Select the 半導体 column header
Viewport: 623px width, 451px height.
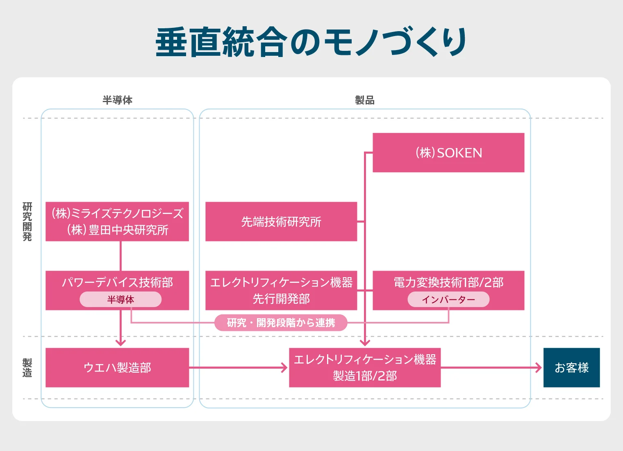[117, 100]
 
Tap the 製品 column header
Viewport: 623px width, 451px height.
[364, 100]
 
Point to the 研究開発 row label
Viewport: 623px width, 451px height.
[27, 221]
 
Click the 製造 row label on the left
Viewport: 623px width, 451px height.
[27, 367]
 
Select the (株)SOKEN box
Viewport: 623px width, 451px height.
[448, 153]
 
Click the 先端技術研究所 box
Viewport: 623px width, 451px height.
[281, 221]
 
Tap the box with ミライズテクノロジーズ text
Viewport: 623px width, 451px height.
[117, 221]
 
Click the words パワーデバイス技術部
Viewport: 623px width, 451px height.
[117, 282]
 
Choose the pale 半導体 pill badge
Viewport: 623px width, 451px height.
[121, 300]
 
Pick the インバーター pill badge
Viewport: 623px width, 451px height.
[448, 300]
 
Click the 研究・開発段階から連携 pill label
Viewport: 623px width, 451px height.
[281, 323]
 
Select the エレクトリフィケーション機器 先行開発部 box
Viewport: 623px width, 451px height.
[281, 290]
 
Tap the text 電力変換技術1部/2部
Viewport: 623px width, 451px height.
[448, 282]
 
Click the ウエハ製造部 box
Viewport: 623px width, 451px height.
[117, 367]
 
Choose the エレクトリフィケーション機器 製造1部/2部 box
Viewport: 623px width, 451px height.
[365, 367]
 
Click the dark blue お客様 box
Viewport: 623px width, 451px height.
[571, 367]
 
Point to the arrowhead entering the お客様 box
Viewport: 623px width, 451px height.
[538, 367]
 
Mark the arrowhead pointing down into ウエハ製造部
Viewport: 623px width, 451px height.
[121, 342]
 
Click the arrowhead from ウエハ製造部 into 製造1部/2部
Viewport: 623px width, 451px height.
[284, 367]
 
